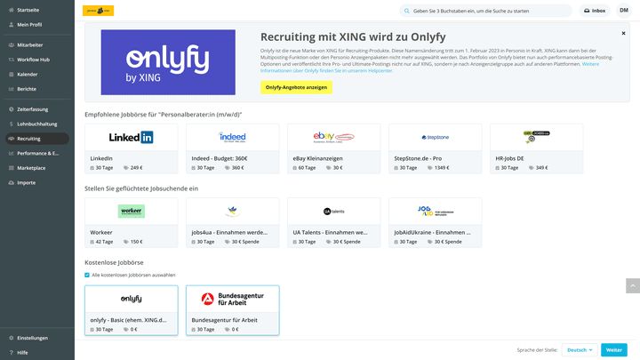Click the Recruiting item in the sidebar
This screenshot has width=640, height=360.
[x=28, y=139]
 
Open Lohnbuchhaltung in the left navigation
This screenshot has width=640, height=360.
[x=36, y=124]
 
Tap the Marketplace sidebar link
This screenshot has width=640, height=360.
[x=31, y=167]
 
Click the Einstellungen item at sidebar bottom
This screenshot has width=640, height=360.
[x=32, y=338]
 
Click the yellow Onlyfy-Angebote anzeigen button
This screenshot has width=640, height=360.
[x=296, y=87]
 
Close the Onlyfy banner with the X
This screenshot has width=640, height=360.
[x=623, y=33]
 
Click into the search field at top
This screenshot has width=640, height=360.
[x=489, y=11]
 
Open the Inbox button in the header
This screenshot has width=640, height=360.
[x=595, y=11]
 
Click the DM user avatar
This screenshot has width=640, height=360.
[x=624, y=11]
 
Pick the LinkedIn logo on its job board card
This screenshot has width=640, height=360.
[x=131, y=137]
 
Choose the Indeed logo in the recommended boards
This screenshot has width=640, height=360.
[x=232, y=137]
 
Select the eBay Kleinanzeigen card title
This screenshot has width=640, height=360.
[x=317, y=158]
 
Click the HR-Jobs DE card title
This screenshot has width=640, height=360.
[x=510, y=158]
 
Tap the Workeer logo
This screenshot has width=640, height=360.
[x=131, y=211]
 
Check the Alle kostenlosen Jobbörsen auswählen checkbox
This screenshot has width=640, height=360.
[x=87, y=275]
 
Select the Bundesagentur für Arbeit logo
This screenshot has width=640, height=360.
[x=232, y=299]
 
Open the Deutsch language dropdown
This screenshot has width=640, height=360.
[x=579, y=350]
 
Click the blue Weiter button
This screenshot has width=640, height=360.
[x=613, y=350]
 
